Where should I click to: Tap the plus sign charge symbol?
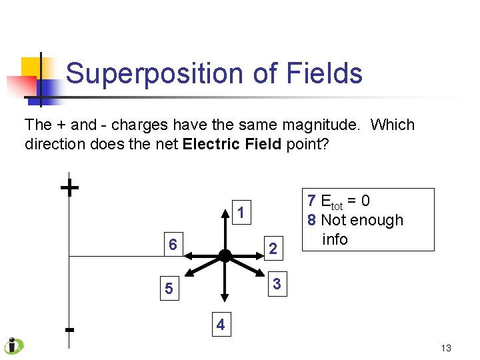[69, 188]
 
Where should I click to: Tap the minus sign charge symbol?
[69, 329]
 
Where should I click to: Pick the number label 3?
[277, 285]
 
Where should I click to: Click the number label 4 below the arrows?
[221, 325]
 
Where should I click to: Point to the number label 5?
[169, 289]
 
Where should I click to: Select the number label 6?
[173, 245]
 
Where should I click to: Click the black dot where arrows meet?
[225, 255]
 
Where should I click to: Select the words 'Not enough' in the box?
[362, 220]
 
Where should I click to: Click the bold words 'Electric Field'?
[231, 144]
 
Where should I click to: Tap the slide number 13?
[446, 348]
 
